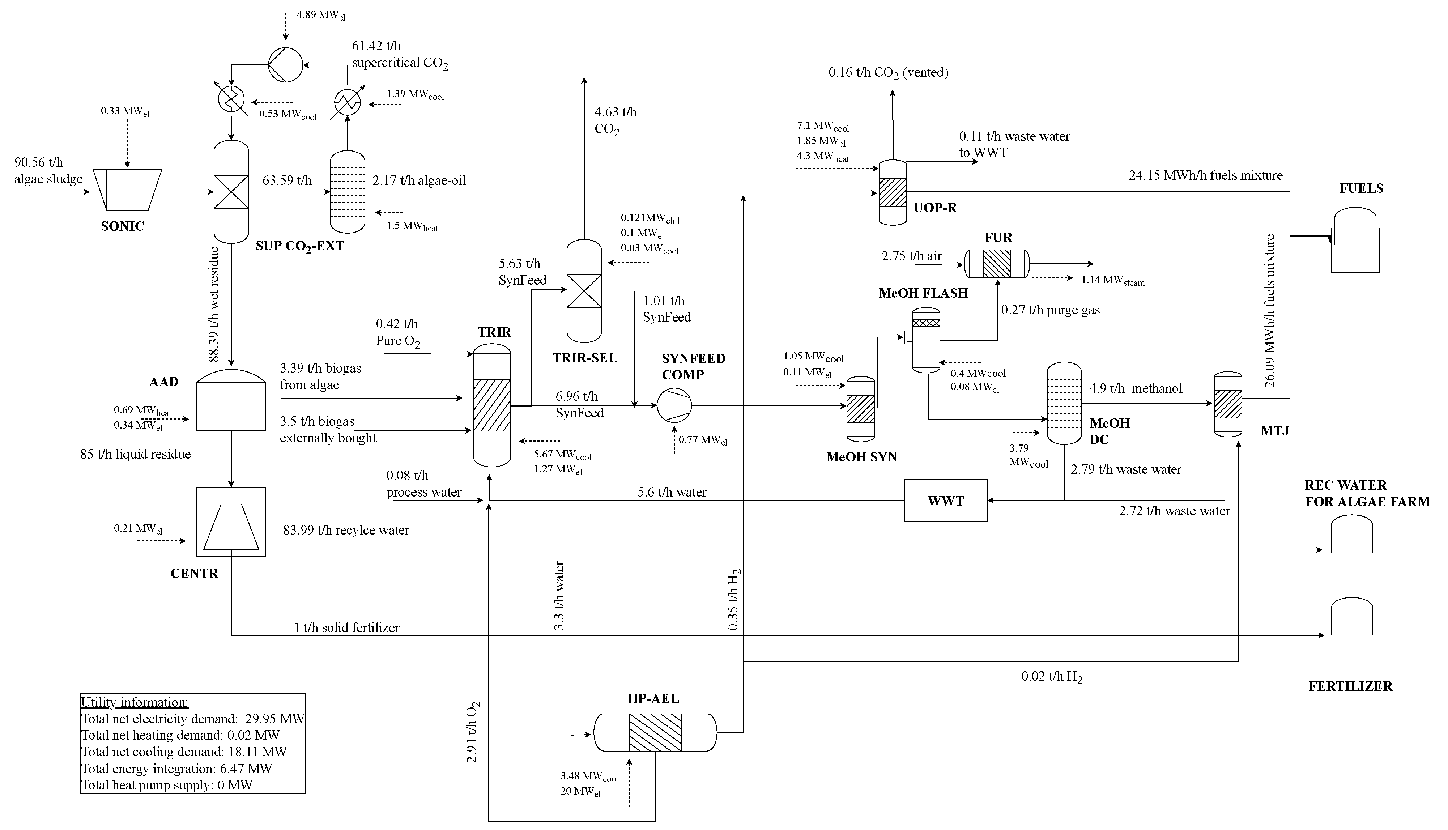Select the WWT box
pos(945,501)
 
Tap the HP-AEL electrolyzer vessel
pos(655,732)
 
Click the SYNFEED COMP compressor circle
pos(674,405)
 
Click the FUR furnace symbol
pos(997,264)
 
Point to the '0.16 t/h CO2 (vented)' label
pos(888,72)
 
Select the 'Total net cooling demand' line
pos(183,752)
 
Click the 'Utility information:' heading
pos(135,702)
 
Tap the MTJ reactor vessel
pos(1227,404)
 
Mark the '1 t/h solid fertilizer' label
pos(346,627)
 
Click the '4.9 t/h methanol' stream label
pos(1135,388)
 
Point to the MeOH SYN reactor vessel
pos(860,409)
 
